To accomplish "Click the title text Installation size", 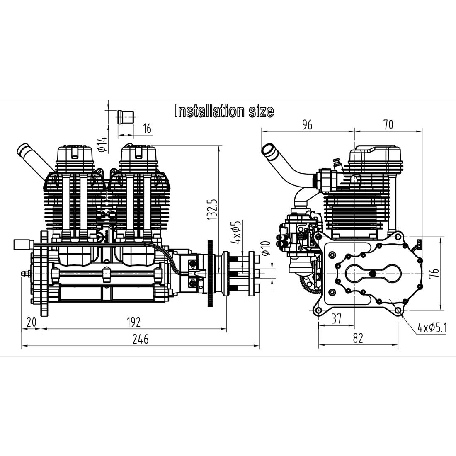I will click(x=224, y=111).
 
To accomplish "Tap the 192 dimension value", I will click(x=134, y=322).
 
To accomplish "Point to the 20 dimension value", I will click(x=31, y=322).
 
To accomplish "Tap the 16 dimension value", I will click(x=147, y=129).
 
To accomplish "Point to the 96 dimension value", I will click(x=307, y=124).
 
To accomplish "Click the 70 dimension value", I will click(x=388, y=124).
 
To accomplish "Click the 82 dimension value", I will click(x=358, y=338).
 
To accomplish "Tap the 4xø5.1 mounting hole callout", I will click(x=432, y=328).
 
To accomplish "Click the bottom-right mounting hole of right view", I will click(x=398, y=310).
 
